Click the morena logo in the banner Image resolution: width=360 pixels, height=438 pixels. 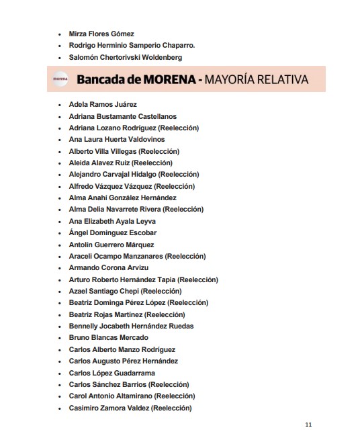(x=59, y=80)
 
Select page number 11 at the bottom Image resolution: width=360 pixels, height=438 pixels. (x=308, y=425)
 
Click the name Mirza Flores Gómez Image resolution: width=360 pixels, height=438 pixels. (x=101, y=34)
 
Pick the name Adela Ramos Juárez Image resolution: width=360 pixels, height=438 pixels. (x=103, y=105)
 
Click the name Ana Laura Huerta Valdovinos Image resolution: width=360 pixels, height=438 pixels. (x=116, y=140)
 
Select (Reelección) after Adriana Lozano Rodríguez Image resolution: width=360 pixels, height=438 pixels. (x=177, y=128)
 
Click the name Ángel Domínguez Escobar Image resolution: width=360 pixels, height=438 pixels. (x=113, y=233)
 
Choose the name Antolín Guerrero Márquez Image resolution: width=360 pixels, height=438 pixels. (x=111, y=245)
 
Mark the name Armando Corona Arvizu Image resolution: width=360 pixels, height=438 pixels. (x=109, y=268)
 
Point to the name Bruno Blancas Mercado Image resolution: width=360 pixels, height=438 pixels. (x=108, y=338)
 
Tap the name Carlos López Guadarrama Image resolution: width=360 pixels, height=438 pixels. (x=112, y=373)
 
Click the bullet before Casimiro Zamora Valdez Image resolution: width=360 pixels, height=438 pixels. (x=60, y=408)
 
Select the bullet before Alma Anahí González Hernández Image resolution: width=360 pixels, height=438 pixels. (x=60, y=198)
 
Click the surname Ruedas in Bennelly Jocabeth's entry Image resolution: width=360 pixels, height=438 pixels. (x=181, y=326)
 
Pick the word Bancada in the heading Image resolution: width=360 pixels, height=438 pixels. (x=99, y=80)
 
